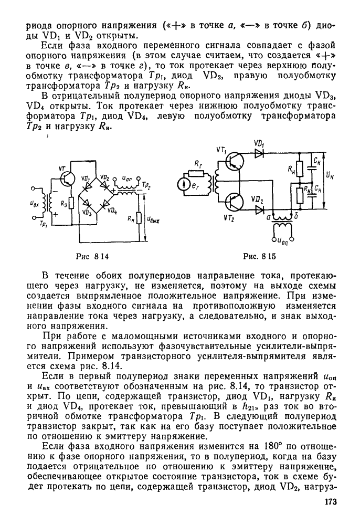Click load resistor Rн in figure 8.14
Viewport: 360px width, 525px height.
point(140,217)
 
